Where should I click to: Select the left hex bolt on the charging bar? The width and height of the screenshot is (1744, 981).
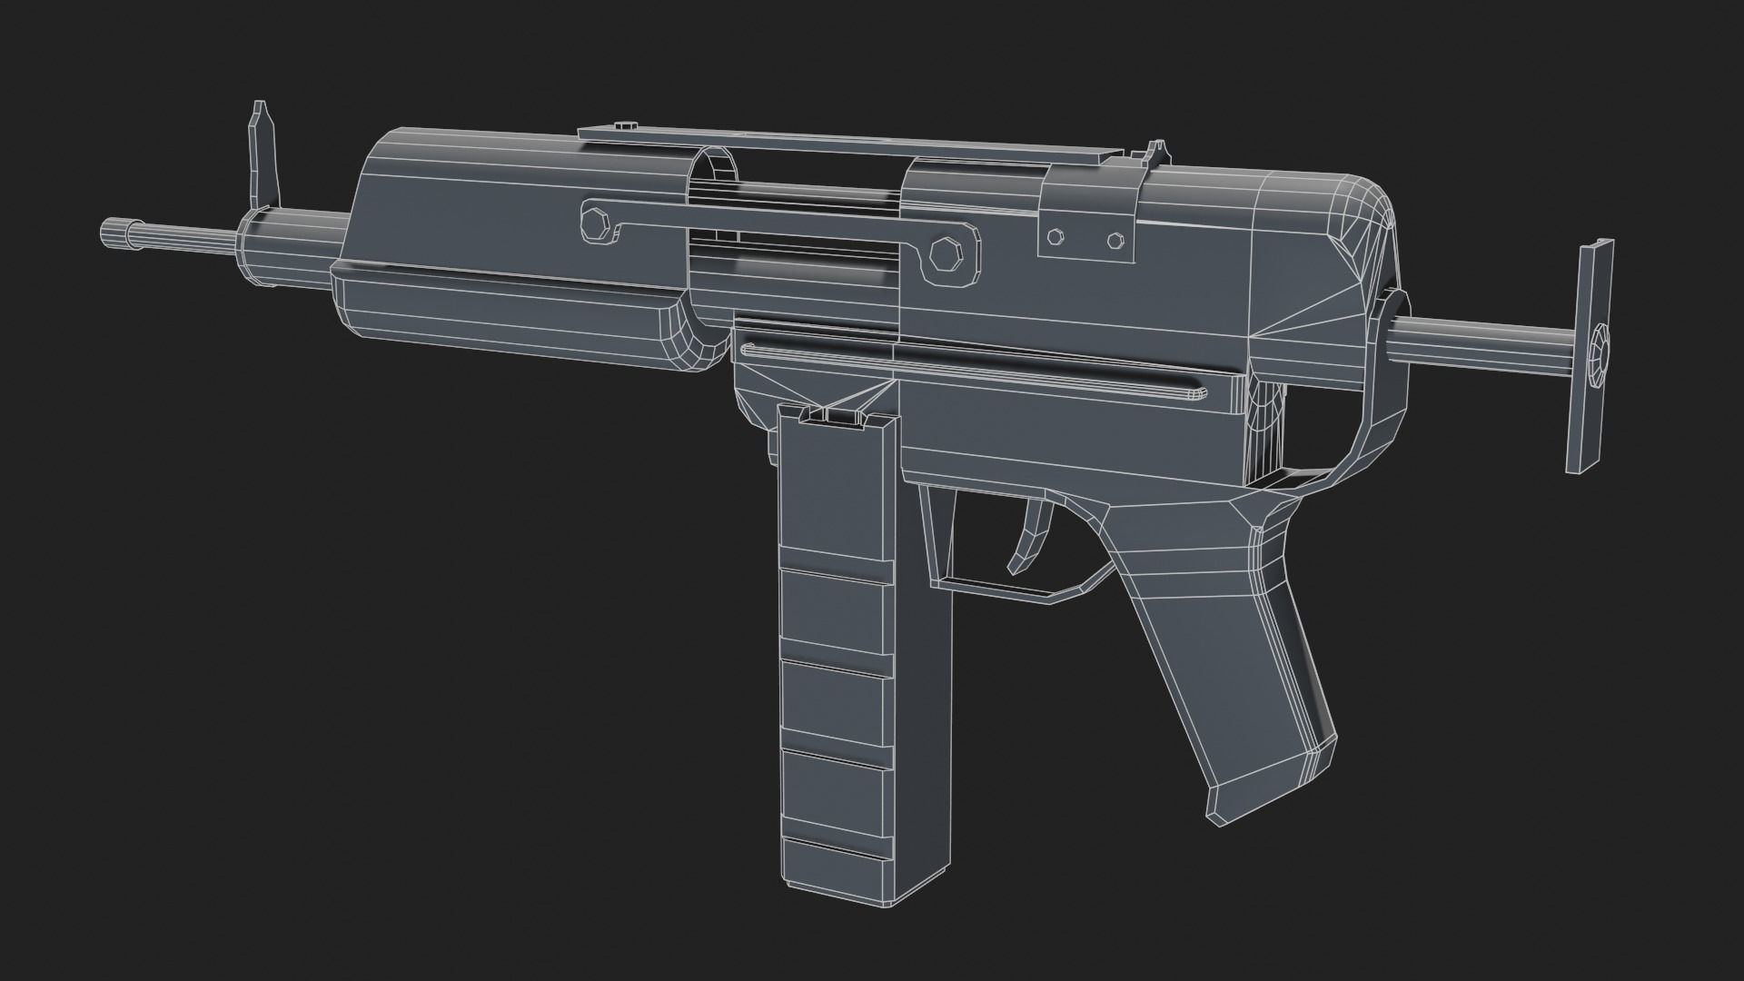[x=595, y=223]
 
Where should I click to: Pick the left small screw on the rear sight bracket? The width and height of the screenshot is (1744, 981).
[x=1055, y=237]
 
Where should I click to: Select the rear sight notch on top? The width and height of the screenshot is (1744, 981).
[x=1156, y=154]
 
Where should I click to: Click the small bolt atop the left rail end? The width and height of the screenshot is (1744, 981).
[x=628, y=127]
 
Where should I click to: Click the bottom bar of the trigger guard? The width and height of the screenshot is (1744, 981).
[x=999, y=590]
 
